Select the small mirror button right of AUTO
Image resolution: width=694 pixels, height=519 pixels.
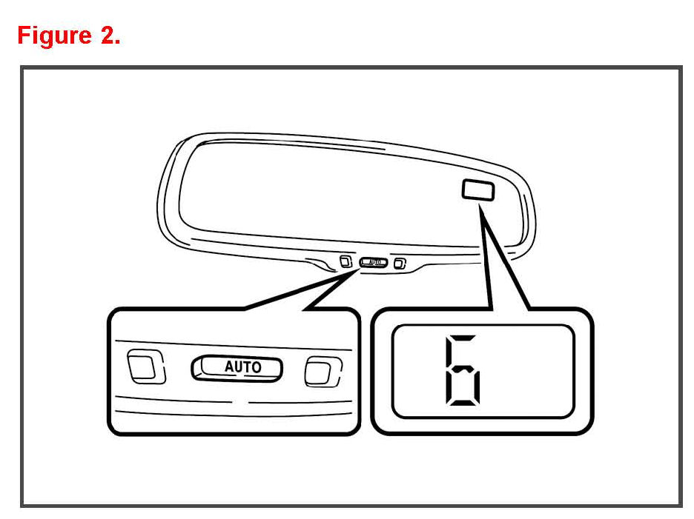(x=400, y=262)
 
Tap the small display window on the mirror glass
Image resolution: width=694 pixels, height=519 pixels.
(x=478, y=190)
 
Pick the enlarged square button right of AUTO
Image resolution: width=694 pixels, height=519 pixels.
(x=323, y=370)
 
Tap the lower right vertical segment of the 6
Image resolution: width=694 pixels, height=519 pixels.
(x=478, y=386)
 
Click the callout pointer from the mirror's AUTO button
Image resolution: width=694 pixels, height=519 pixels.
(x=311, y=292)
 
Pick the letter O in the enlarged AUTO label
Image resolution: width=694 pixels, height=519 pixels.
(x=256, y=367)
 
